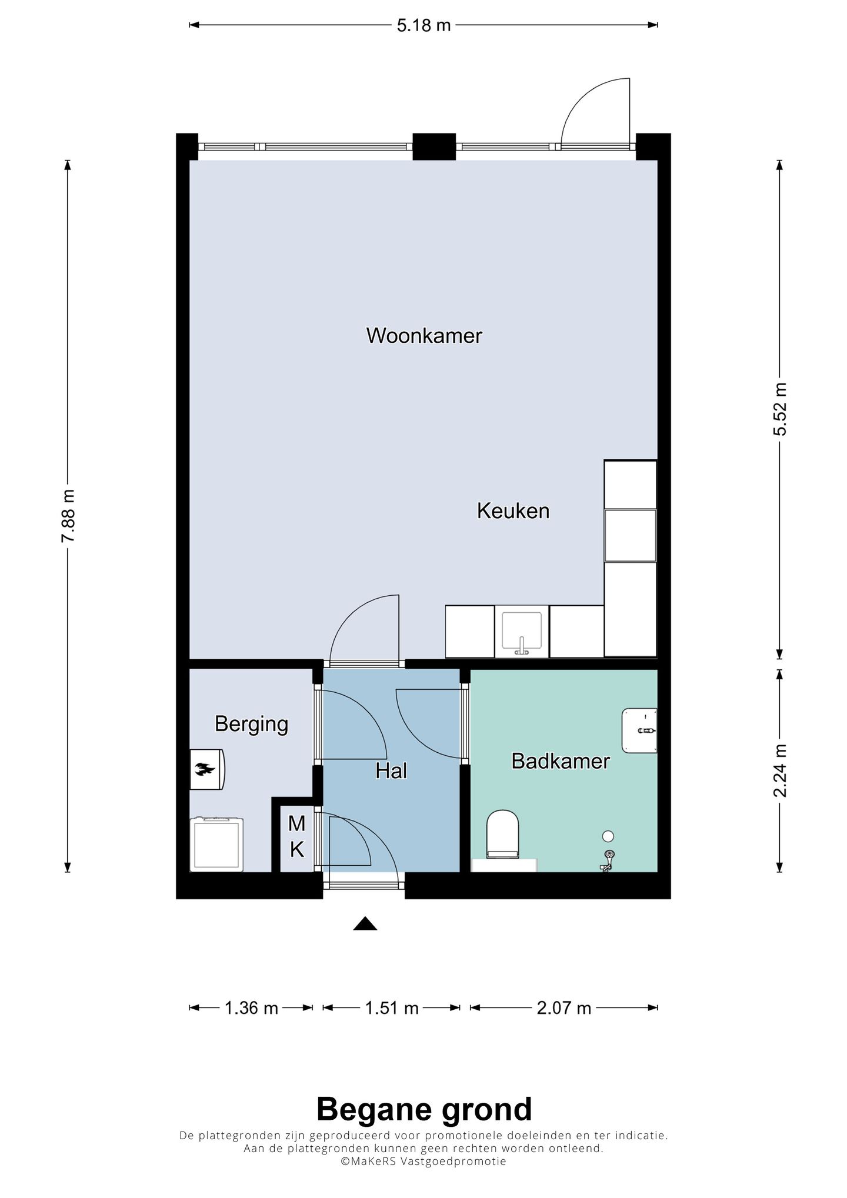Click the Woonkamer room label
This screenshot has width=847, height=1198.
(423, 336)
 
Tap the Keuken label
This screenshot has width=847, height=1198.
(513, 510)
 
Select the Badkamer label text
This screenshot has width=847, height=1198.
(560, 761)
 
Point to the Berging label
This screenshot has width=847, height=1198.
(251, 723)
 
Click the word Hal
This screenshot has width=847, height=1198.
(391, 771)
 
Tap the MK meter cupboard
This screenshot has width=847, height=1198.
(297, 836)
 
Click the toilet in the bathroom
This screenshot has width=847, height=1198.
(503, 833)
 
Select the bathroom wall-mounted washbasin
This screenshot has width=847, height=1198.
(640, 730)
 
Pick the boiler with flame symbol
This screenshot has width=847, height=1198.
(206, 769)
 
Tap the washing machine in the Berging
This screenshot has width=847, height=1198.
(217, 844)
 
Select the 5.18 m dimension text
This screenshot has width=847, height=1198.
(423, 25)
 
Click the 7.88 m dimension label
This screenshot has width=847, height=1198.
(68, 516)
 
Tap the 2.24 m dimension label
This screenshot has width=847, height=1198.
(779, 770)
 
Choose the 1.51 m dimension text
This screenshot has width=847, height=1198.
(392, 1008)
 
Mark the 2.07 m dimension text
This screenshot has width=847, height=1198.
(563, 1008)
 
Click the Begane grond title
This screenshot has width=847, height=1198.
(423, 1109)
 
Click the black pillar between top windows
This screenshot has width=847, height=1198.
(434, 146)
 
